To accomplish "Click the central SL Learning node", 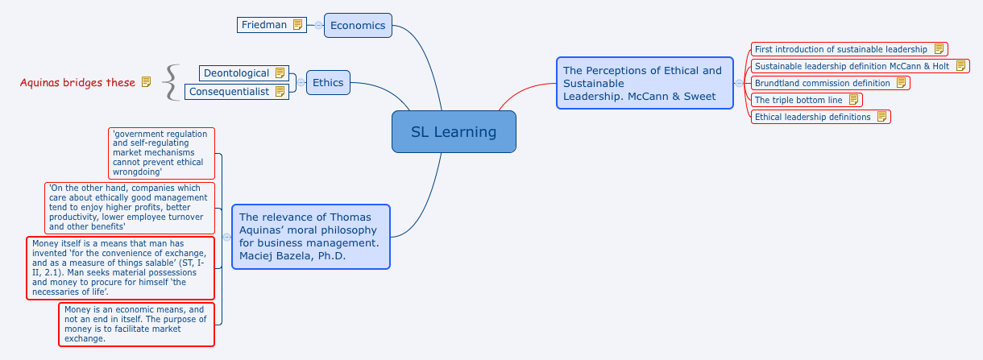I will click(454, 132).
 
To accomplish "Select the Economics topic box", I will click(358, 25).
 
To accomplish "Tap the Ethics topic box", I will click(328, 82).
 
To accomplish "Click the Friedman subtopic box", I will click(264, 25).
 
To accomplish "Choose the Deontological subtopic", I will click(236, 73).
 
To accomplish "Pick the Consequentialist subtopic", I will click(230, 92).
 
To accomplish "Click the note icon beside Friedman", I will click(298, 25).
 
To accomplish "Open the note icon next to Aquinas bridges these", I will click(146, 82).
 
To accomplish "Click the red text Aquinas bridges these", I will click(77, 82).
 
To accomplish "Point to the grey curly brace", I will click(170, 82).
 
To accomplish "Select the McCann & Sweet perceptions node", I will click(645, 83).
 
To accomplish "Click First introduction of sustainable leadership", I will click(840, 49).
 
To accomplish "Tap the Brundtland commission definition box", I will click(822, 83).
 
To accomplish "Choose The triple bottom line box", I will click(798, 100).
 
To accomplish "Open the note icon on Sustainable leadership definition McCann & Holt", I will click(961, 66).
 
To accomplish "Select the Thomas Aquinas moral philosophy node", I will click(310, 237).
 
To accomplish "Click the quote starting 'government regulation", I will click(161, 153).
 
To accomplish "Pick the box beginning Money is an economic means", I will click(136, 325).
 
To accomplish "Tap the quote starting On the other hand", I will click(130, 208).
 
